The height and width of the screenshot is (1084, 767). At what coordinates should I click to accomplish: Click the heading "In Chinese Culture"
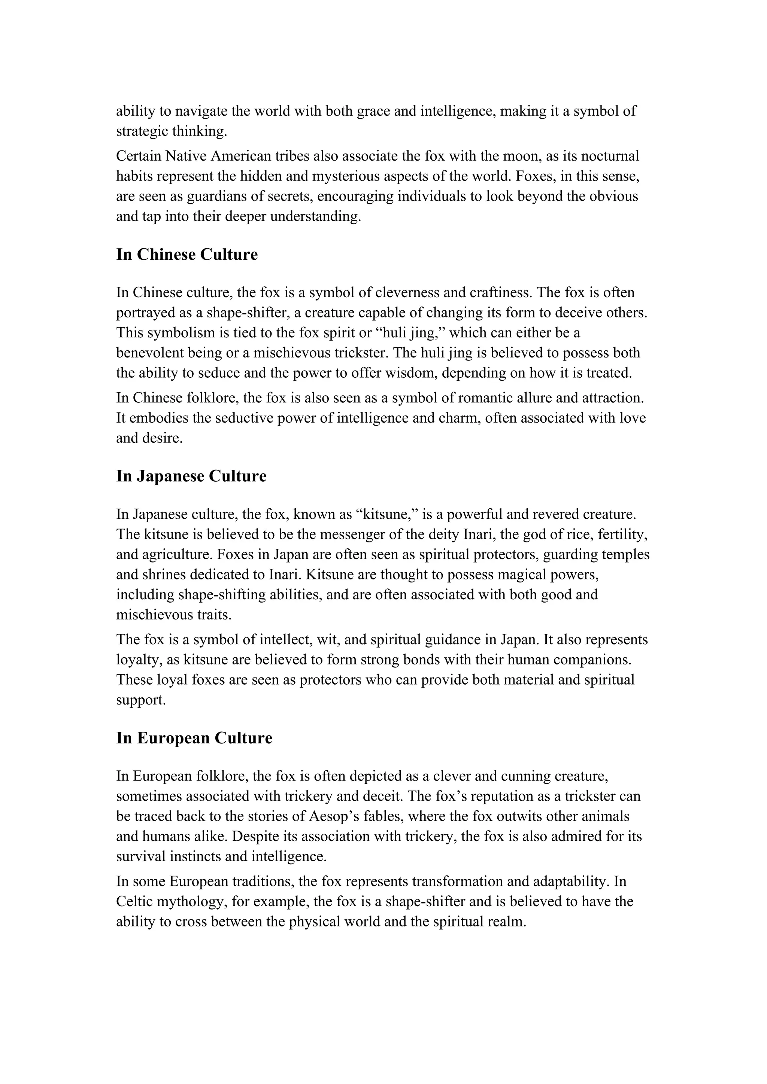click(x=187, y=255)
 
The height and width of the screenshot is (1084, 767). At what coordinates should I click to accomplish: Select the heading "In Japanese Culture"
click(x=191, y=476)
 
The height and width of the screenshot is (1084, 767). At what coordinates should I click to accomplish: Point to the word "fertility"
click(x=622, y=535)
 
